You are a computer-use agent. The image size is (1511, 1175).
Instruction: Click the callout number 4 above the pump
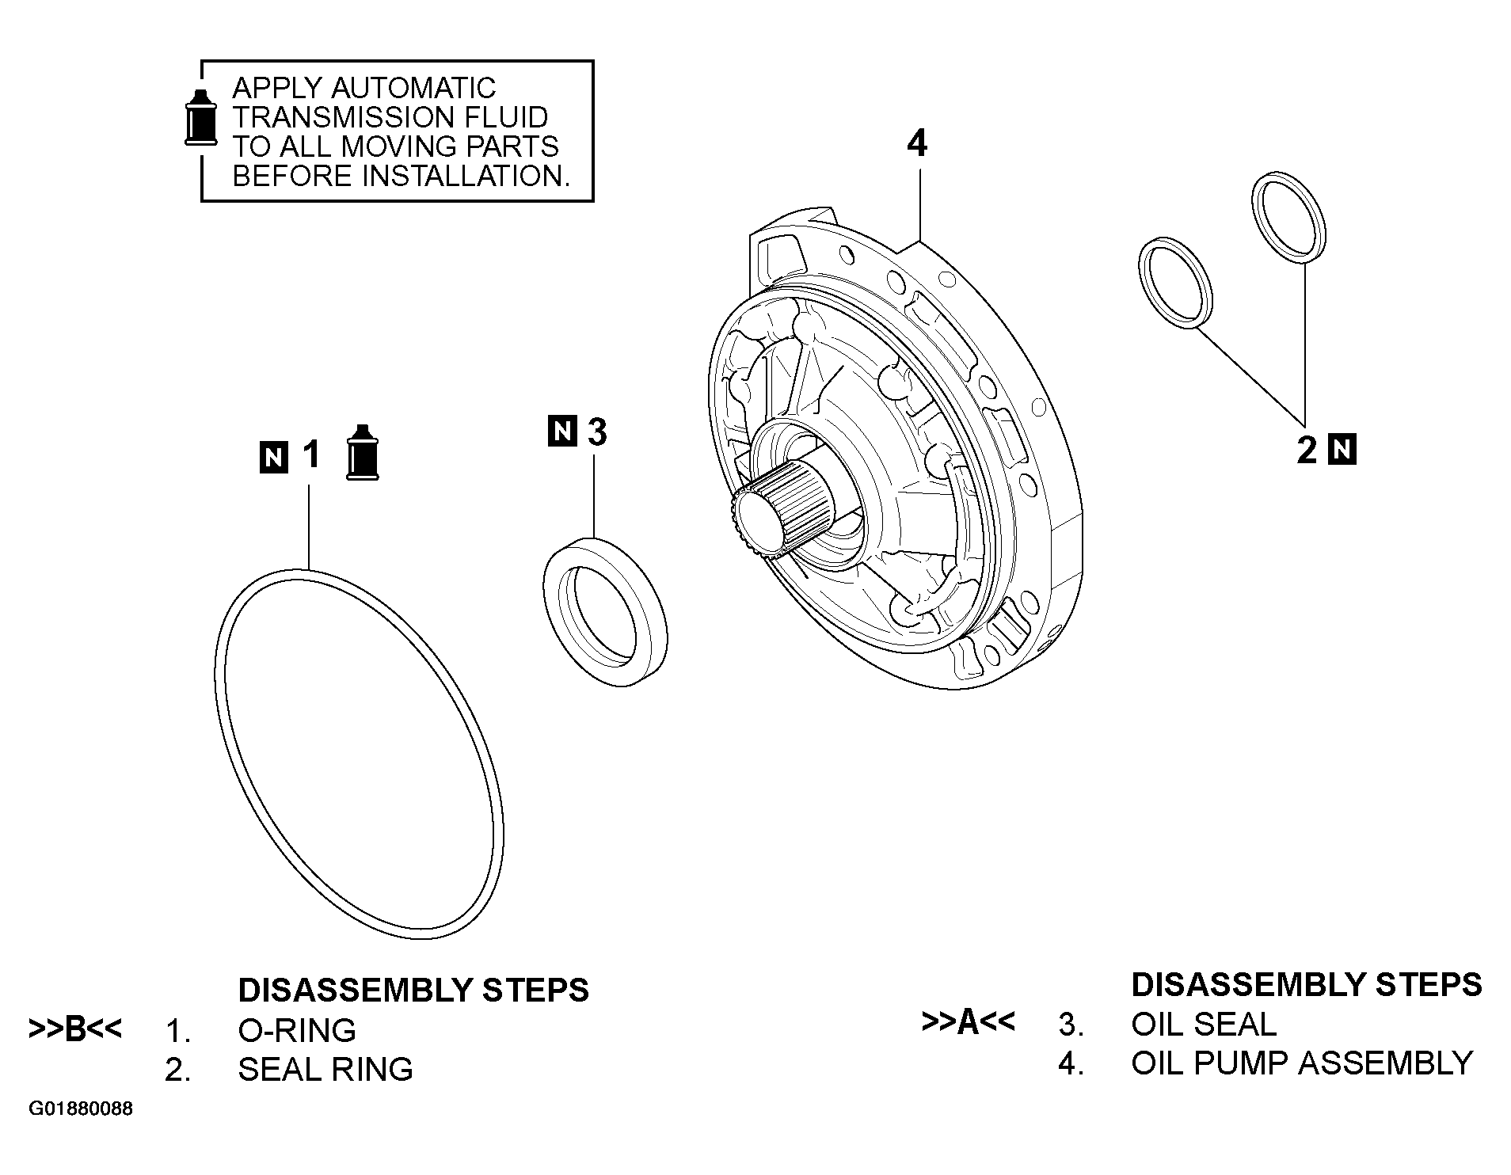click(x=917, y=144)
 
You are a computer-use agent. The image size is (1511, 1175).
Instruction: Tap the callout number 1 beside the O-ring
click(x=310, y=455)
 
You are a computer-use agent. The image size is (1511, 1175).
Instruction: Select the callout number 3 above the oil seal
click(x=597, y=432)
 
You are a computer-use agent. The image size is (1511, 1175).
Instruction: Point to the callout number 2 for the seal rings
click(x=1307, y=451)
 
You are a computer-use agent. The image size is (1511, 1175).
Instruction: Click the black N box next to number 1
click(x=274, y=458)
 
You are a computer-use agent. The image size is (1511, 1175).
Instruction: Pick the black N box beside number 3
click(x=562, y=431)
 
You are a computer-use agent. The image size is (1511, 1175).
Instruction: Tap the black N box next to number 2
click(x=1342, y=450)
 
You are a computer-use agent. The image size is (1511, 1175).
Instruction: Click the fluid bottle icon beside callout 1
click(x=363, y=452)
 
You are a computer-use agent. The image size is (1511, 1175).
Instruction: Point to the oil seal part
click(x=606, y=612)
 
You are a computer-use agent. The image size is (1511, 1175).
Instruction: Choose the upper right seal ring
click(x=1289, y=215)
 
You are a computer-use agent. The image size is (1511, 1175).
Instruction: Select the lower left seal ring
click(x=1176, y=281)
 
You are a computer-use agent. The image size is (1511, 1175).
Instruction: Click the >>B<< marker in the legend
click(x=75, y=1029)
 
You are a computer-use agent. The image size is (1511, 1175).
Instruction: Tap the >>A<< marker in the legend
click(x=968, y=1022)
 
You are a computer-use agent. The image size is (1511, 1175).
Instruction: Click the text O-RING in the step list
click(x=297, y=1030)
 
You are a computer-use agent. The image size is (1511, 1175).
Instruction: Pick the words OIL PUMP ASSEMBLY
click(x=1301, y=1063)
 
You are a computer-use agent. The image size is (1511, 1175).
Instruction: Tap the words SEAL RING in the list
click(x=325, y=1070)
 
